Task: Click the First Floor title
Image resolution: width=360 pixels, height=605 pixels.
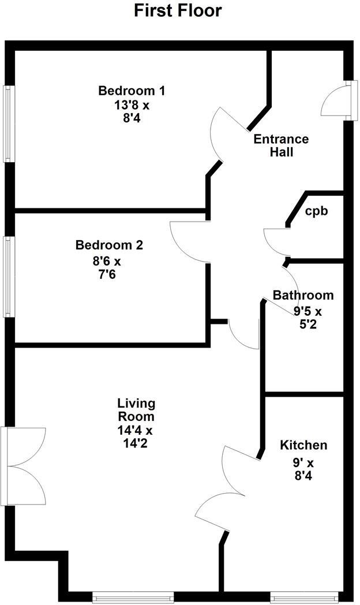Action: point(178,10)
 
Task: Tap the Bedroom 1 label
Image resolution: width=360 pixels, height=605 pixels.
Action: point(132,91)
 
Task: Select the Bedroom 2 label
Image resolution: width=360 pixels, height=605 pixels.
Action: point(109,245)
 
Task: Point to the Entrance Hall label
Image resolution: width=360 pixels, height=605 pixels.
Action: point(281,145)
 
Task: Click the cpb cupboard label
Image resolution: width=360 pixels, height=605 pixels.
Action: point(317,211)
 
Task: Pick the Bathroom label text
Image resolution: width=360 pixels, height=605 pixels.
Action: point(303,295)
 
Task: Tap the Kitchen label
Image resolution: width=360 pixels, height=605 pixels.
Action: point(303,445)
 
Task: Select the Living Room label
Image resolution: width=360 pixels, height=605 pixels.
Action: point(136,409)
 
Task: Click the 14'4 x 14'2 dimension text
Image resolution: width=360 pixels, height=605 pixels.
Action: point(136,436)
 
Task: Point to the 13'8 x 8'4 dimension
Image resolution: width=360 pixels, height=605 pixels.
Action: point(132,112)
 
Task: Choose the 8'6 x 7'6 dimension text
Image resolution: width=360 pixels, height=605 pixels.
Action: point(106,267)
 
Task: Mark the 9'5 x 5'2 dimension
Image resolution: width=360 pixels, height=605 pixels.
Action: point(306,318)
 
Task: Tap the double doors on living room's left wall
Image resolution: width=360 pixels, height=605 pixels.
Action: point(24,466)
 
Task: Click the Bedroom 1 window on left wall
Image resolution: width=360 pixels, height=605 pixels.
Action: point(7,124)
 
